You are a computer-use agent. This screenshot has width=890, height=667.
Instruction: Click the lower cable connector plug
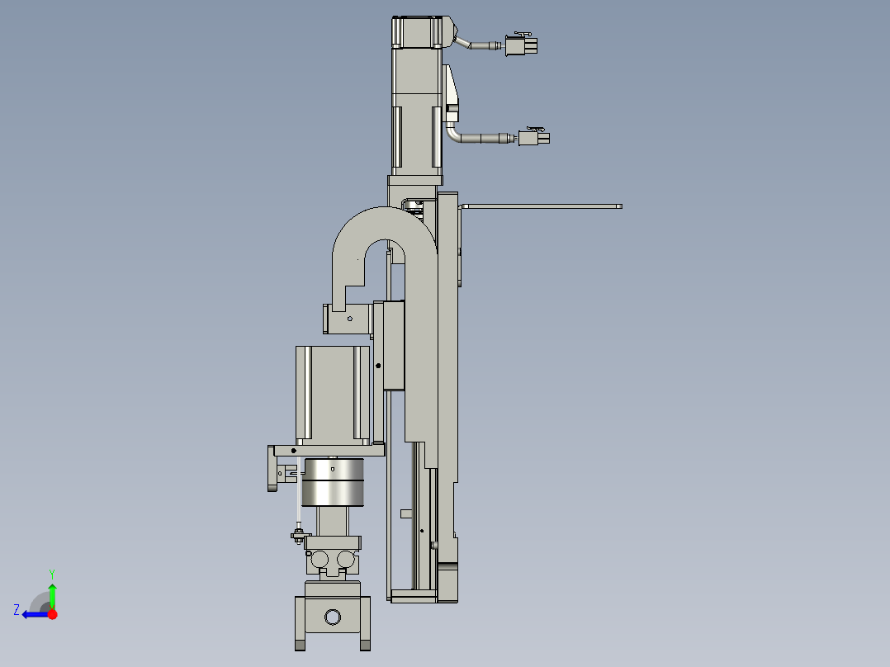tap(534, 138)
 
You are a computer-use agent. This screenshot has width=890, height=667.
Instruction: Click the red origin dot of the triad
tap(52, 614)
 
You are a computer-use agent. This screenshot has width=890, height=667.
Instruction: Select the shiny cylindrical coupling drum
tap(333, 482)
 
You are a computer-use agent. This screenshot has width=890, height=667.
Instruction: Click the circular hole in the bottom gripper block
tap(332, 617)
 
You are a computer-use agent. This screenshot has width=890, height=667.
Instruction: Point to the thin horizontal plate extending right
tap(541, 206)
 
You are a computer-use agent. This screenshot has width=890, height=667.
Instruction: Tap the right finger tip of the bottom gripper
tap(364, 644)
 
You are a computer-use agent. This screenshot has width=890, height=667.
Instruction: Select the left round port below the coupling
tap(320, 560)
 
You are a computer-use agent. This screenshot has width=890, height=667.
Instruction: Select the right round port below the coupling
tap(346, 560)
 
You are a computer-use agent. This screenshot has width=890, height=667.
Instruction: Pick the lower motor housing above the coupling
tap(332, 392)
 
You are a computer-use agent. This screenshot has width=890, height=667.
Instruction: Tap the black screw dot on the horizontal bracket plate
tap(294, 451)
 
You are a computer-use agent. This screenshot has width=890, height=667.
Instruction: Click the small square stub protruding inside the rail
tap(405, 513)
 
